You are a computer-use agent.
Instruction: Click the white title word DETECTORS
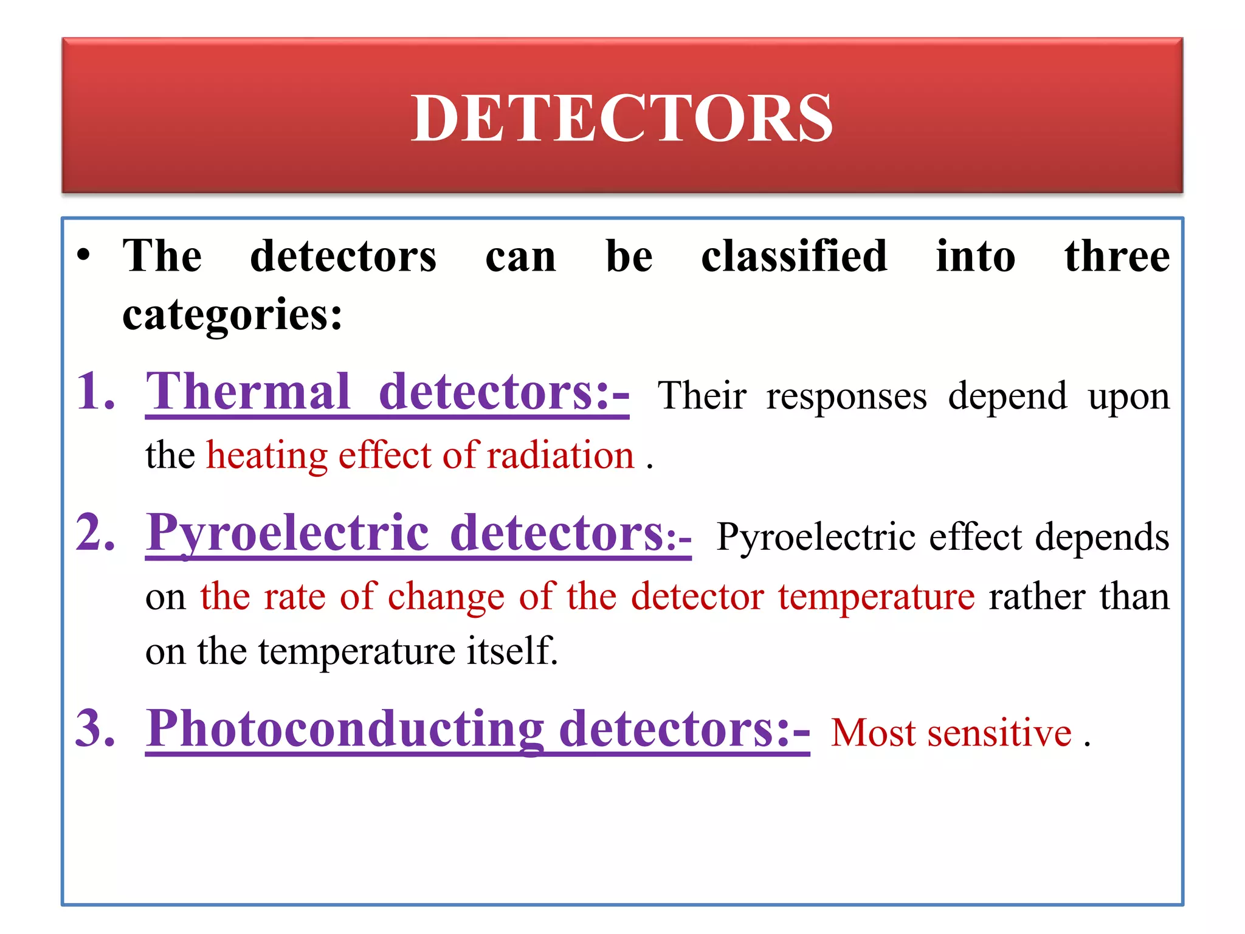pyautogui.click(x=621, y=118)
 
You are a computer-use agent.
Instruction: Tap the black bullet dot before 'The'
pyautogui.click(x=84, y=255)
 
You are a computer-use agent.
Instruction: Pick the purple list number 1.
pyautogui.click(x=95, y=392)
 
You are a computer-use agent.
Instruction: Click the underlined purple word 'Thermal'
pyautogui.click(x=248, y=392)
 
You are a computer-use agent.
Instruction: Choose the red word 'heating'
pyautogui.click(x=267, y=456)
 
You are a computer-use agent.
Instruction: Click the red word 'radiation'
pyautogui.click(x=560, y=456)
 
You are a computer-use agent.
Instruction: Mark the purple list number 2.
pyautogui.click(x=95, y=533)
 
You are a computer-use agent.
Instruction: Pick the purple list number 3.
pyautogui.click(x=95, y=728)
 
